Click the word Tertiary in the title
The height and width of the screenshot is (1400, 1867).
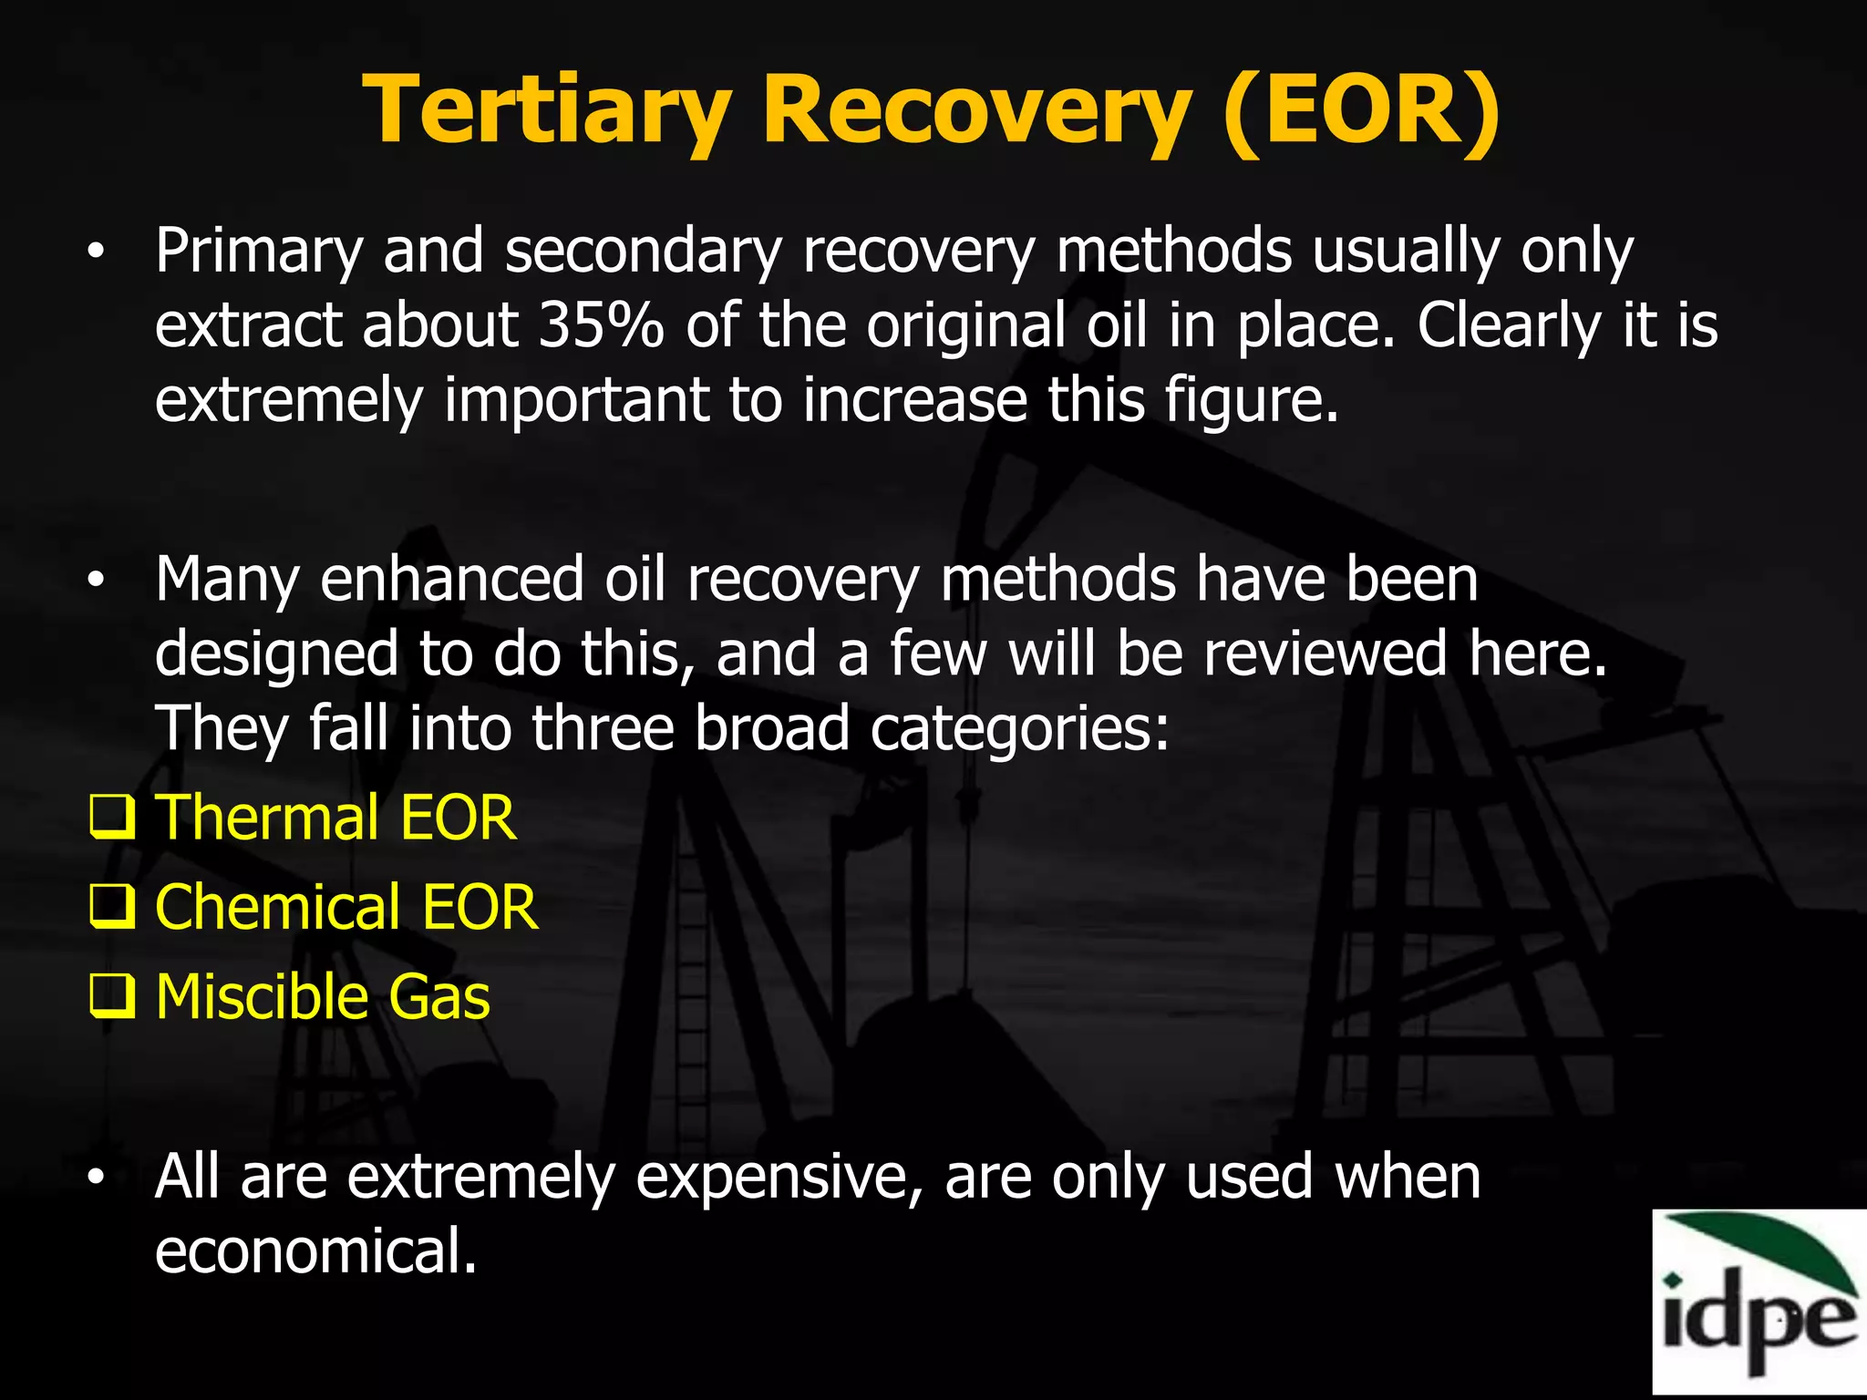pyautogui.click(x=547, y=111)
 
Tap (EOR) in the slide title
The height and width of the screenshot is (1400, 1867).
pyautogui.click(x=1361, y=111)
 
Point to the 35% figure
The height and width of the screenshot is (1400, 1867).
pyautogui.click(x=601, y=325)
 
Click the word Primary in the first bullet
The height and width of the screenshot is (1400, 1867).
pyautogui.click(x=258, y=252)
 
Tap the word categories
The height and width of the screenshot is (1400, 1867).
pyautogui.click(x=1019, y=729)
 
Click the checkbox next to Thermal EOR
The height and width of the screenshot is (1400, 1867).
pyautogui.click(x=112, y=817)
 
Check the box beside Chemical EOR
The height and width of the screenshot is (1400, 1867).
pyautogui.click(x=112, y=906)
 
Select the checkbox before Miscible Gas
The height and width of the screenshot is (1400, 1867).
pyautogui.click(x=112, y=995)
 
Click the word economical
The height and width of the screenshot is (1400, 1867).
pyautogui.click(x=315, y=1251)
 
